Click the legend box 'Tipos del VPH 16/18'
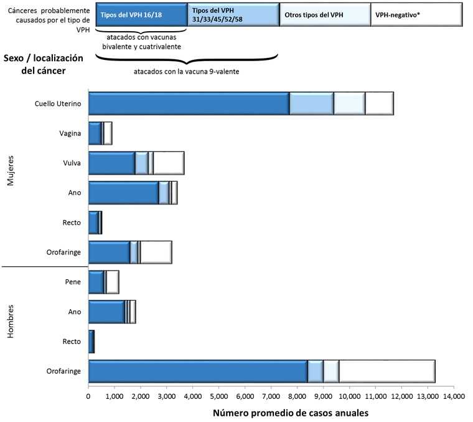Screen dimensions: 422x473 pos(141,14)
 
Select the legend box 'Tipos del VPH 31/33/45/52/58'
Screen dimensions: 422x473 pos(233,14)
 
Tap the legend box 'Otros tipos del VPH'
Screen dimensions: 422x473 pos(324,14)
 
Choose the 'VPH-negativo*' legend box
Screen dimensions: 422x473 pos(416,14)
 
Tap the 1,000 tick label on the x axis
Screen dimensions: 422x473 pos(115,395)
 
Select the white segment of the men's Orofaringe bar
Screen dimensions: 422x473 pos(386,371)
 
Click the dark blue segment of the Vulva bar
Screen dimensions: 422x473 pos(111,163)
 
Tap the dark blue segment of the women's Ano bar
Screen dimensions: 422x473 pos(123,193)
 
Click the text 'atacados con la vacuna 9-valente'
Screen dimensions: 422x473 pos(187,71)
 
